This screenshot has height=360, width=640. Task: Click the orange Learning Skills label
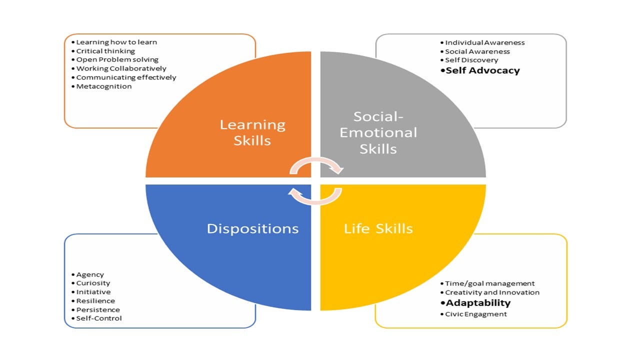[252, 132]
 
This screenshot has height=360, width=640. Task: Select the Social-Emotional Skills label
[378, 132]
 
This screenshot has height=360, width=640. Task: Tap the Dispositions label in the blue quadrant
[252, 228]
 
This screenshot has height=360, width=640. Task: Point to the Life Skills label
[378, 229]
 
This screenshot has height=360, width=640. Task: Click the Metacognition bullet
[104, 86]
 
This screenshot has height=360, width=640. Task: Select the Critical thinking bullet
[105, 51]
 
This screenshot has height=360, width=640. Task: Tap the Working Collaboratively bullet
[121, 68]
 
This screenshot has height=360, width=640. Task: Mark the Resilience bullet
[95, 301]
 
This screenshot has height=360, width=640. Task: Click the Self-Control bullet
[99, 318]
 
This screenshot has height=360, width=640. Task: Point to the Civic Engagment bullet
[476, 314]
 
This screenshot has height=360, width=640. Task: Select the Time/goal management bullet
[490, 283]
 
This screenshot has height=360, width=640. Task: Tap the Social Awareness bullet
[477, 51]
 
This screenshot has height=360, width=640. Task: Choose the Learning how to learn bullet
[116, 42]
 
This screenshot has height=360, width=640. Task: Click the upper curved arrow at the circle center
[316, 165]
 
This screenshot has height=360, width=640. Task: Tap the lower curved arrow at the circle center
[316, 196]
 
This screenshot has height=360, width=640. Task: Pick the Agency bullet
[90, 274]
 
